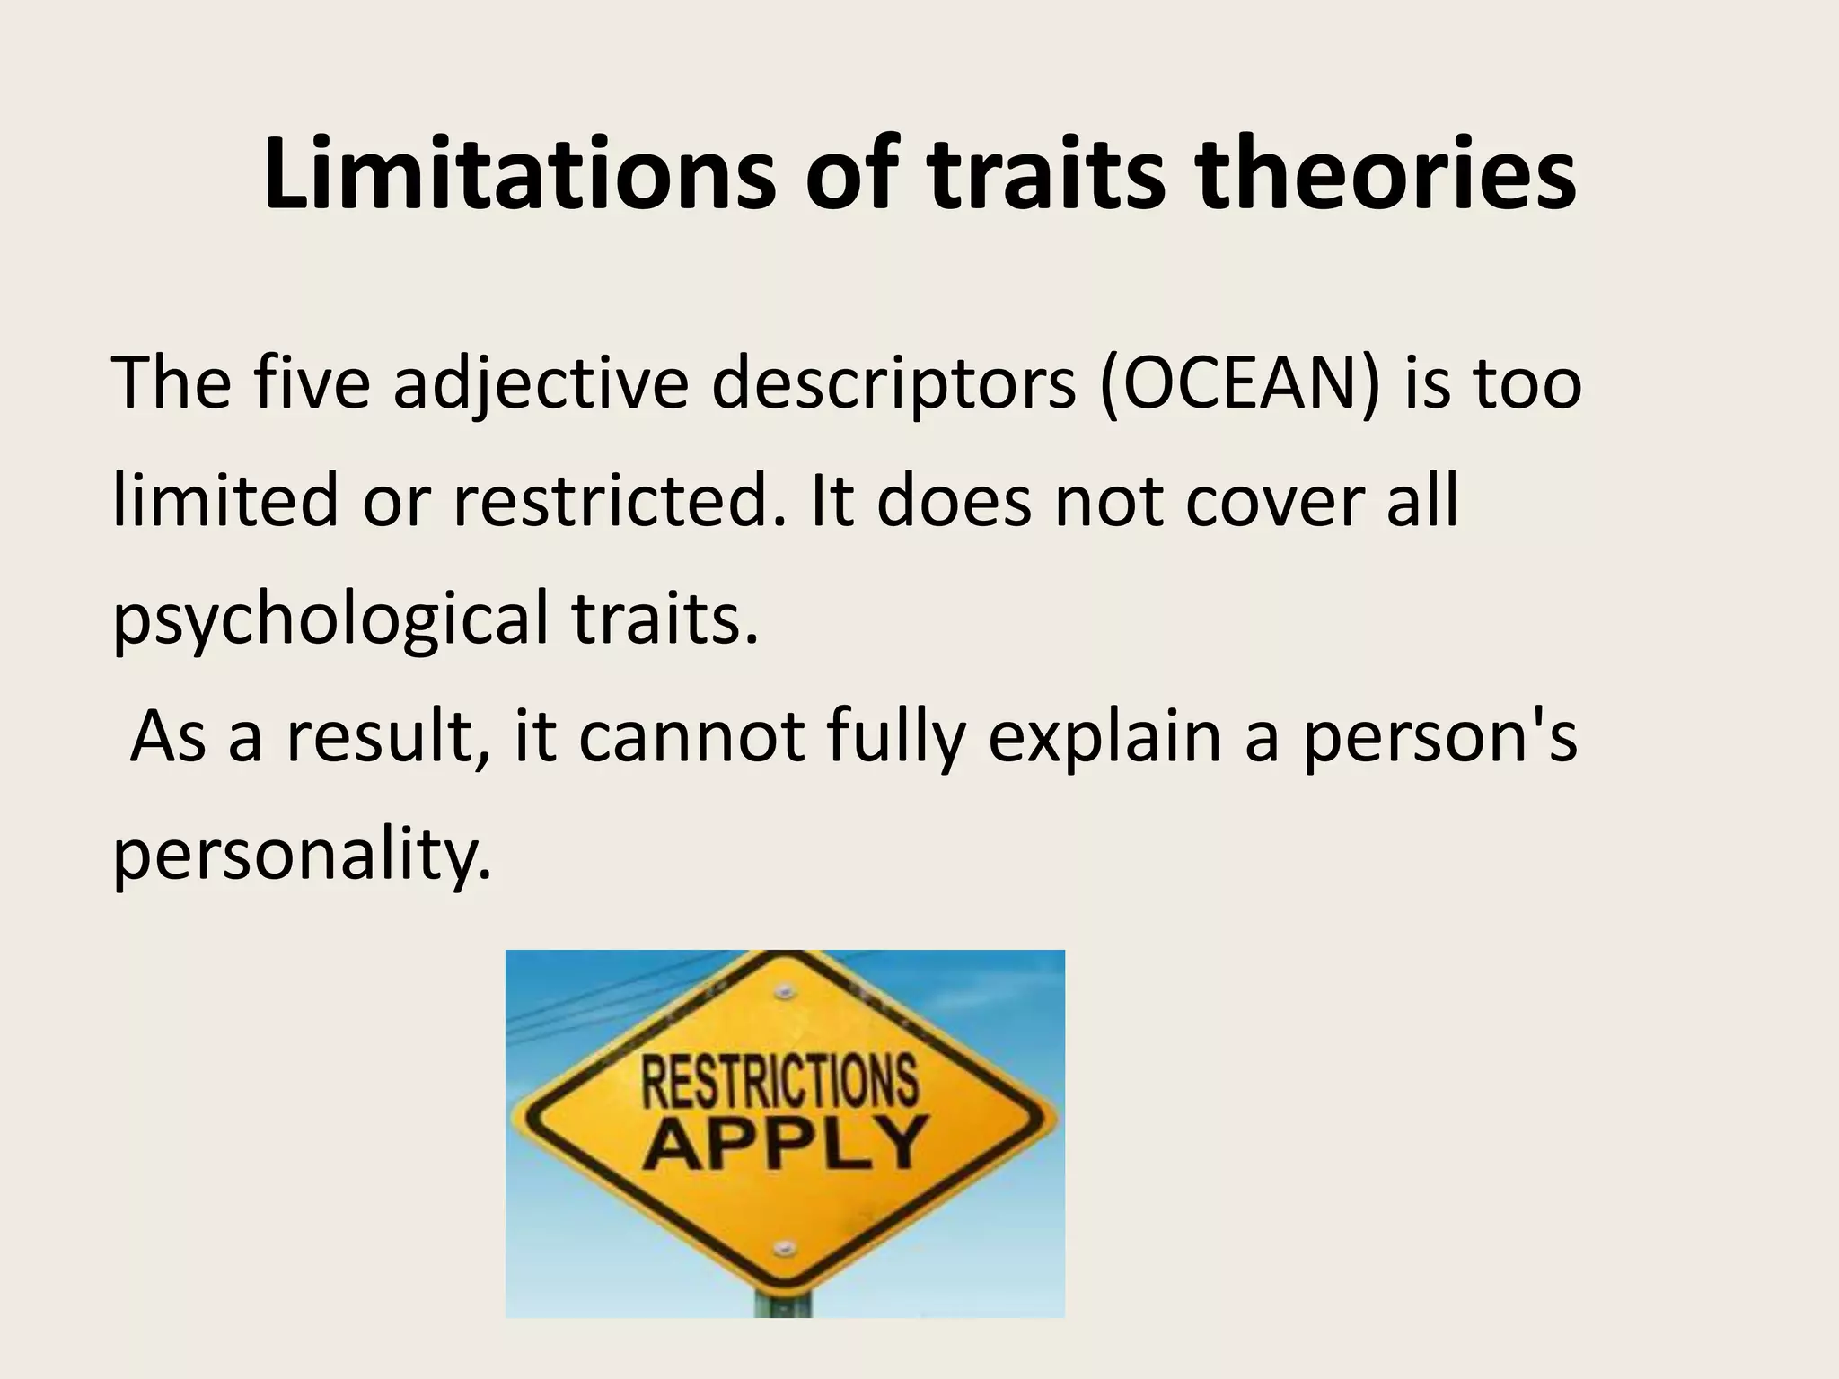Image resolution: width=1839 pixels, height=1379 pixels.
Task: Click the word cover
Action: click(x=1275, y=501)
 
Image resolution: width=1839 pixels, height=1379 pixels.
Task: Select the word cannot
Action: click(x=691, y=736)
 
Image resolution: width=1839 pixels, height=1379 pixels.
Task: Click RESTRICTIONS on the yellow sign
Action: click(x=779, y=1082)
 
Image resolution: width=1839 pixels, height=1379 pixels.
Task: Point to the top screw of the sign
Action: click(x=785, y=992)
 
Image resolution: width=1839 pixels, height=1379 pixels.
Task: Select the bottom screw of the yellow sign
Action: click(x=785, y=1248)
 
